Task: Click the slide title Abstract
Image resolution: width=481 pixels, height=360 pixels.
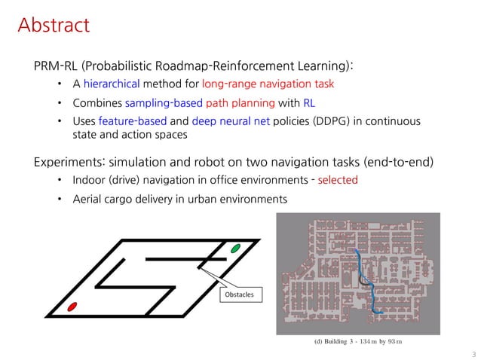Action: (54, 26)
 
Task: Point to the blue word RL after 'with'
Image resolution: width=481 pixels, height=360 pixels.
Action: (308, 103)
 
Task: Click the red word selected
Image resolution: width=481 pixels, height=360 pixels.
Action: (338, 181)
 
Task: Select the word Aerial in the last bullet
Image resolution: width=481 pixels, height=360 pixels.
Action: (89, 200)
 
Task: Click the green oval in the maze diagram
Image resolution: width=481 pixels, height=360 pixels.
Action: (235, 248)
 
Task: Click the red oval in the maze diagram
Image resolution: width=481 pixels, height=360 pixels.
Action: (72, 307)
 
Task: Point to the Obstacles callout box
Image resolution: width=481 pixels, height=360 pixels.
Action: (241, 296)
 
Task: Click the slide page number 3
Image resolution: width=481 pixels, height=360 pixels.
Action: (472, 352)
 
